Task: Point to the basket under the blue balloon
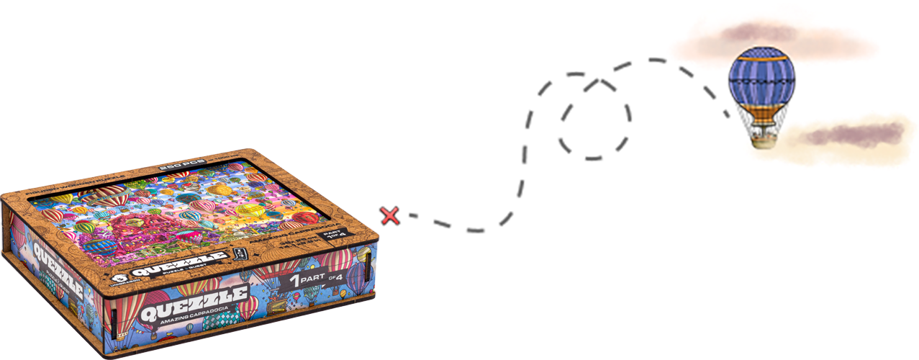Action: click(764, 136)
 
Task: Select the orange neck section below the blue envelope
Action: click(761, 113)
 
